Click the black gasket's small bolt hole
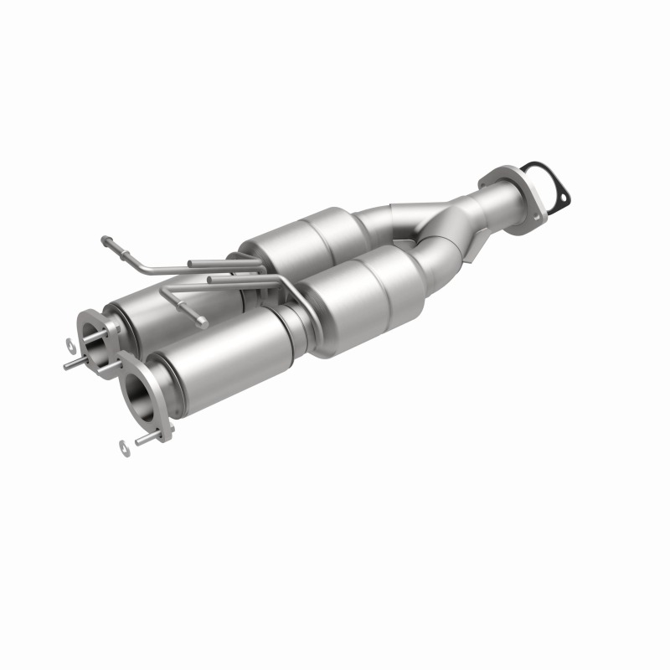pyautogui.click(x=562, y=199)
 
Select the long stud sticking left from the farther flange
pyautogui.click(x=74, y=363)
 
